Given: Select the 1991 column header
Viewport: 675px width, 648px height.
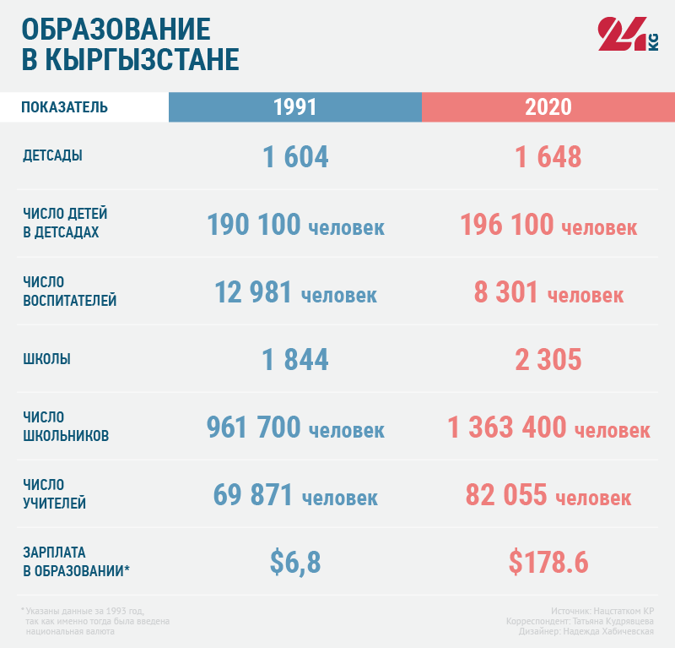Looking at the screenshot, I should coord(295,107).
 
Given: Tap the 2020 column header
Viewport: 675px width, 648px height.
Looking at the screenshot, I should coord(548,107).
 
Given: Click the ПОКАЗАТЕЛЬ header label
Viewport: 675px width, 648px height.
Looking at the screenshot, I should coord(64,107).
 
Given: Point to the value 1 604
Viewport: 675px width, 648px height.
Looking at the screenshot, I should coord(295,157).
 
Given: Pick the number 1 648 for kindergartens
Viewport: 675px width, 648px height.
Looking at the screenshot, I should coord(548,157).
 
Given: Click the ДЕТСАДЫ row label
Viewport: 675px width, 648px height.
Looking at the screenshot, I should coord(52,155).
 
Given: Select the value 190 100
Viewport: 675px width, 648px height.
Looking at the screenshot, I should coord(254,225).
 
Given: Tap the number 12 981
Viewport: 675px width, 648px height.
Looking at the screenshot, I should coord(254,292).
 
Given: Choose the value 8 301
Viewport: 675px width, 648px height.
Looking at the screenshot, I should coord(506,292).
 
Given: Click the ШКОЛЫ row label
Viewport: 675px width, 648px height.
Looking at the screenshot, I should coord(46,359).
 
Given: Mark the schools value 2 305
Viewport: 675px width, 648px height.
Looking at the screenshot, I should coord(548,360).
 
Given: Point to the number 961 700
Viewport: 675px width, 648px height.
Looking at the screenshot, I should coord(254,427).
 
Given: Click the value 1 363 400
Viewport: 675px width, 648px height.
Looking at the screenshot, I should coord(507,427).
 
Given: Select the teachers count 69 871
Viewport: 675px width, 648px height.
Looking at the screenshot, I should coord(254,495).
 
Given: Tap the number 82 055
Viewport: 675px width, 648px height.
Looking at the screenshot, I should coord(506,495).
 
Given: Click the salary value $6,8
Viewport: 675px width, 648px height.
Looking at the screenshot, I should coord(295,562).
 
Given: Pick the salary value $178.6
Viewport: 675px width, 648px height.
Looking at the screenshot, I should coord(548,562).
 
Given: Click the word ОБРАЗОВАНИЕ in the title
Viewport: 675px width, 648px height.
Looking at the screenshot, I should coord(116,29).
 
